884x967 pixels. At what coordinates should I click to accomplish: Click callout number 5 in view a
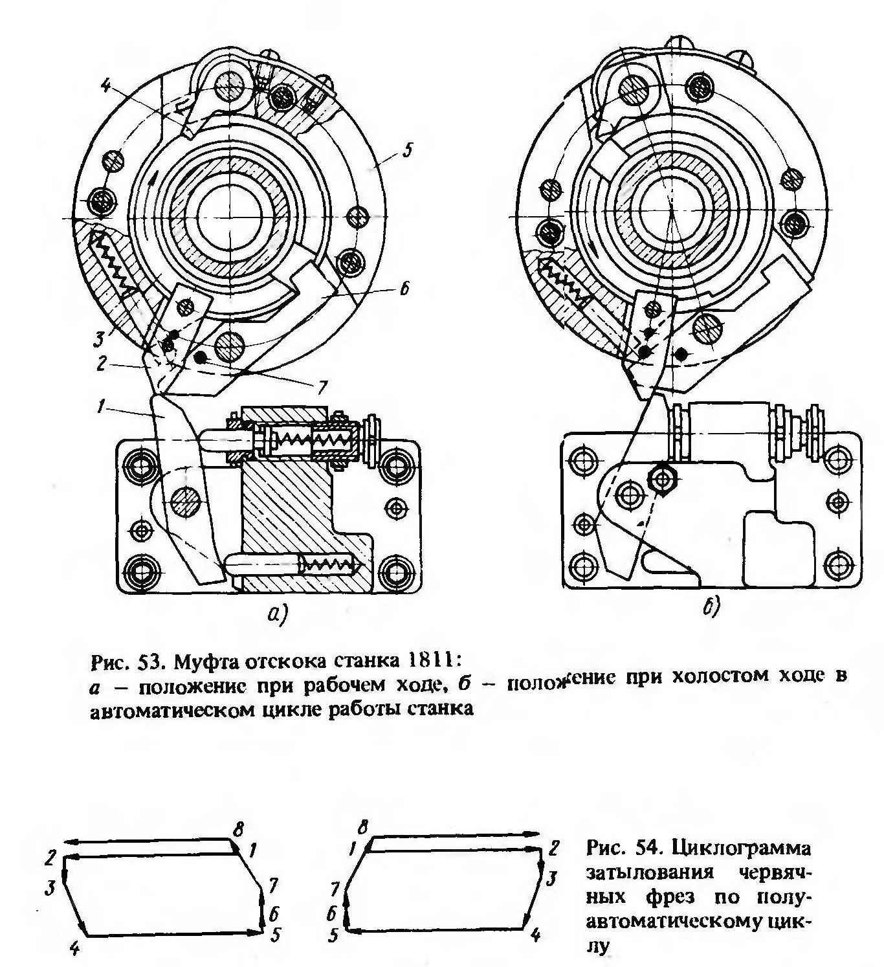click(x=406, y=151)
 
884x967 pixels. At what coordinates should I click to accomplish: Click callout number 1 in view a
click(x=99, y=406)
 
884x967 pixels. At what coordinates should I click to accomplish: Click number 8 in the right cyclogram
click(x=363, y=827)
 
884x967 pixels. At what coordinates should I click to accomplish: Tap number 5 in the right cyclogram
click(x=333, y=936)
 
